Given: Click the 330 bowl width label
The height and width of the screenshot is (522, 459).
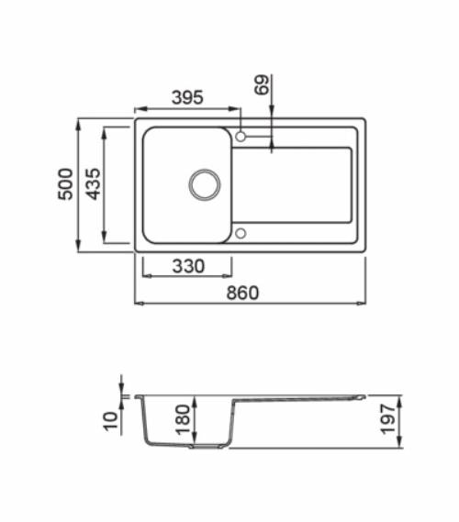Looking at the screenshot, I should tap(187, 267).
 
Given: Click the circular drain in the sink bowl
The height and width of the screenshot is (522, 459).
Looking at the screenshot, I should tap(204, 183).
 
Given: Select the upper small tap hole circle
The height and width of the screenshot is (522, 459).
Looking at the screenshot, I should tap(241, 137).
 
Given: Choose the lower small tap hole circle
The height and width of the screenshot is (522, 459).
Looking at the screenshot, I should tap(241, 233).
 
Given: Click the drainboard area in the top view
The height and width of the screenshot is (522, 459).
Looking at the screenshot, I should tap(294, 183).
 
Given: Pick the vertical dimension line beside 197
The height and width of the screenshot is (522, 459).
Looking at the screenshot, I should tap(399, 422).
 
